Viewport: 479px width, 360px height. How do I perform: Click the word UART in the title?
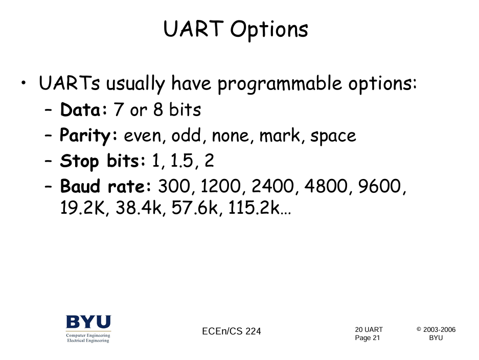[193, 29]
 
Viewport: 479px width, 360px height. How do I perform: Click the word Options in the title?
[269, 31]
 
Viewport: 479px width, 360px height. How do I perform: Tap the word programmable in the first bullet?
[280, 84]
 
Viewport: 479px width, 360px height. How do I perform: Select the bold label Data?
[84, 109]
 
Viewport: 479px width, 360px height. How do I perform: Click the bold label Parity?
[88, 136]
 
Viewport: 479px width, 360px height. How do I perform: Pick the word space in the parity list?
[333, 137]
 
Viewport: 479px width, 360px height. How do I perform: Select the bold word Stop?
[79, 162]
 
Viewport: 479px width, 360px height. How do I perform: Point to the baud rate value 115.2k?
[254, 208]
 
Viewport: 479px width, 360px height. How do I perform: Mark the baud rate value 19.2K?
[82, 208]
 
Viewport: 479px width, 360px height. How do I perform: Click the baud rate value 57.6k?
[194, 208]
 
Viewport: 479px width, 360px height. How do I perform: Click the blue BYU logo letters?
[88, 322]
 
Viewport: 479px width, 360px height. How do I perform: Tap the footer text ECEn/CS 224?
[232, 331]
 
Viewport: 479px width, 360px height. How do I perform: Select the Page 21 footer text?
[367, 338]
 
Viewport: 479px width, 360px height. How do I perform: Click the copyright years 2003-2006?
[439, 330]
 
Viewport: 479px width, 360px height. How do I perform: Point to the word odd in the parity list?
[187, 135]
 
